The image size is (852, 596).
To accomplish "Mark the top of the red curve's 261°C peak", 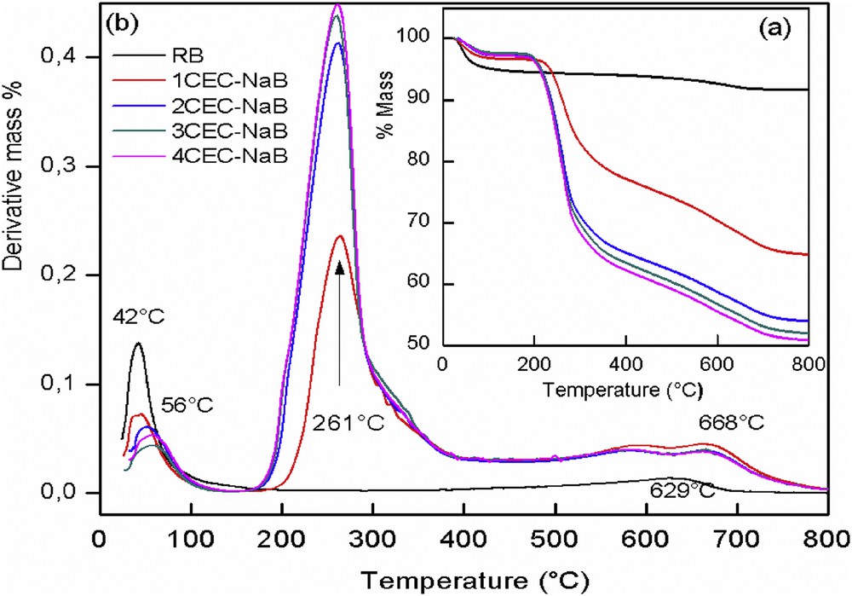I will pyautogui.click(x=340, y=236).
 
